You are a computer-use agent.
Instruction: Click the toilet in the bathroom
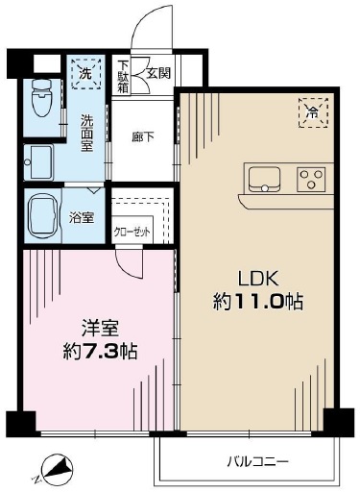pyautogui.click(x=42, y=97)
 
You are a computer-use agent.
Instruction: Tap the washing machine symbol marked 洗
pyautogui.click(x=86, y=74)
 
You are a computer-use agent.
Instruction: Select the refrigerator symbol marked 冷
pyautogui.click(x=313, y=112)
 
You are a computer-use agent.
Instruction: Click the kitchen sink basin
pyautogui.click(x=264, y=180)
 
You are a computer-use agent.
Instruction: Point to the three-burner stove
pyautogui.click(x=311, y=180)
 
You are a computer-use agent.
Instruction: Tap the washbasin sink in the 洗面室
pyautogui.click(x=38, y=162)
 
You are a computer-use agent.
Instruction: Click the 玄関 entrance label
pyautogui.click(x=158, y=74)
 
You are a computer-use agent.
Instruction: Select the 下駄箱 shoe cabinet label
pyautogui.click(x=123, y=77)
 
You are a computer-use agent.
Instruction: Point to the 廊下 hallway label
pyautogui.click(x=143, y=137)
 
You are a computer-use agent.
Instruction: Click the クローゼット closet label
pyautogui.click(x=132, y=232)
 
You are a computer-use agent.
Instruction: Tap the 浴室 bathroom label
pyautogui.click(x=82, y=218)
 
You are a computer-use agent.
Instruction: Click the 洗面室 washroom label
pyautogui.click(x=86, y=134)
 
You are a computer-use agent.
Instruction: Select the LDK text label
pyautogui.click(x=258, y=279)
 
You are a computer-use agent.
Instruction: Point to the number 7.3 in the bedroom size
pyautogui.click(x=100, y=352)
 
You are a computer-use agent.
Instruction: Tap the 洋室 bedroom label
pyautogui.click(x=100, y=329)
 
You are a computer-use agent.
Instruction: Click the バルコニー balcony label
pyautogui.click(x=258, y=461)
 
